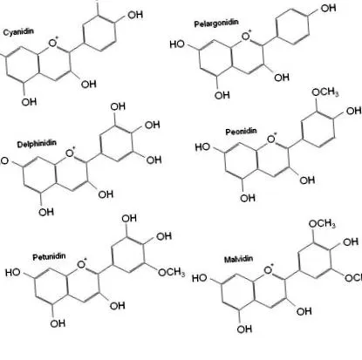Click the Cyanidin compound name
[18, 31]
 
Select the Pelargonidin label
[216, 23]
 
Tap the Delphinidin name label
[37, 144]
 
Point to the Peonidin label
[241, 132]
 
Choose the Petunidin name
[49, 257]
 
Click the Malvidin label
[238, 259]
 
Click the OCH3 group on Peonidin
[325, 92]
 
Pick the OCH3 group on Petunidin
[172, 272]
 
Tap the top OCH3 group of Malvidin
[322, 224]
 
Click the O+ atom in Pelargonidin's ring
[247, 36]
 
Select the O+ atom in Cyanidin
[53, 43]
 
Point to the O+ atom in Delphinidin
[71, 153]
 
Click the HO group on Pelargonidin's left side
[177, 44]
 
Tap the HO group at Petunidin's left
[13, 273]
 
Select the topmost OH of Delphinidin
[118, 106]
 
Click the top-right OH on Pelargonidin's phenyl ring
[328, 8]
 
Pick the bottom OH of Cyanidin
[29, 102]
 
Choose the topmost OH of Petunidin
[129, 218]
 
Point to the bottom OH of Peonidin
[248, 198]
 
